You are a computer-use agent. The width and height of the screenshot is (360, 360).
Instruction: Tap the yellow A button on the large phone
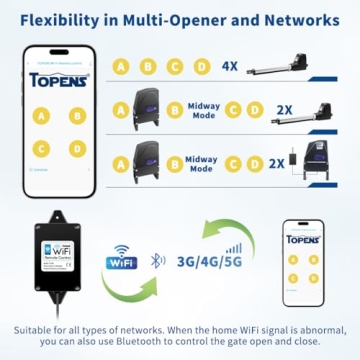tap(43, 115)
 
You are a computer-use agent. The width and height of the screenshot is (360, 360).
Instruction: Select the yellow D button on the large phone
tap(77, 148)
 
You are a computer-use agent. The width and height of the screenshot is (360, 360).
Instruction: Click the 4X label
tap(229, 67)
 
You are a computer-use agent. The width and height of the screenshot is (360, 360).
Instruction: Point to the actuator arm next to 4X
tap(289, 66)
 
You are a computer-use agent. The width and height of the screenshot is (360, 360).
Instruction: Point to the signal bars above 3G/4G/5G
tap(234, 245)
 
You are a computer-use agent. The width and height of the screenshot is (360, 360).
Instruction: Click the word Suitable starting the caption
tap(37, 329)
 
